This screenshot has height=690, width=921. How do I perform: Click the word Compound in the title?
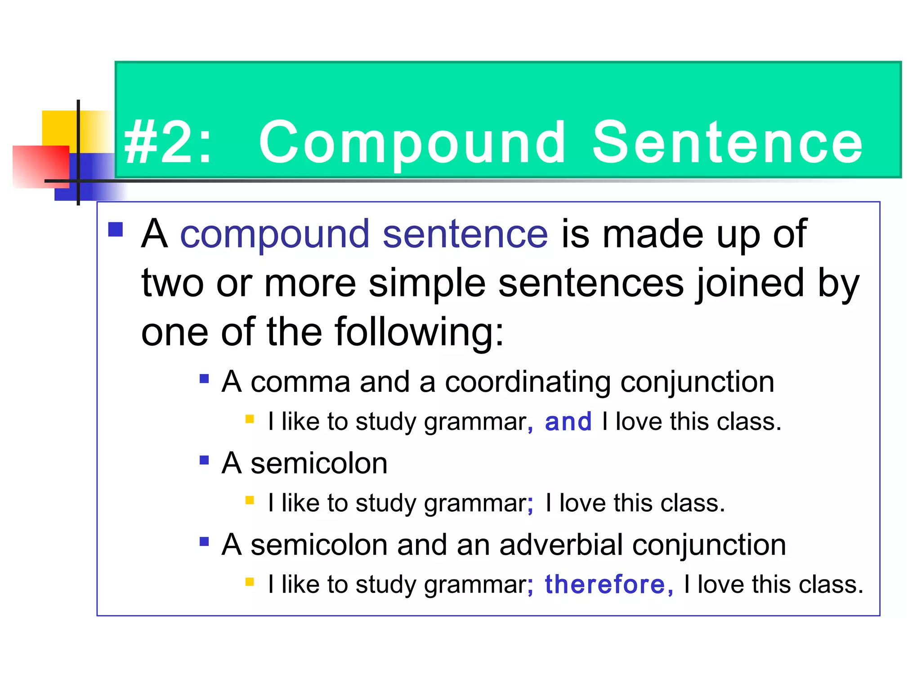(412, 143)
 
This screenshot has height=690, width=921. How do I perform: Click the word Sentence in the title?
(727, 143)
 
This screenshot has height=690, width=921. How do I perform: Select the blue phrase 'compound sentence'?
(364, 234)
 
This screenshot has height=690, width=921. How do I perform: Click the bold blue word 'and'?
(568, 422)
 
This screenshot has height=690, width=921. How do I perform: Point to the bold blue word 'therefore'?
(604, 585)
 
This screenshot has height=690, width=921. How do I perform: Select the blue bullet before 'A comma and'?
(204, 379)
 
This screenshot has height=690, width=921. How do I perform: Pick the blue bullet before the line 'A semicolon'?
(204, 460)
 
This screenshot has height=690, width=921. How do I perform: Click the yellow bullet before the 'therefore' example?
(250, 582)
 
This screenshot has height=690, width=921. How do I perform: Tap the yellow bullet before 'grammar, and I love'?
(250, 420)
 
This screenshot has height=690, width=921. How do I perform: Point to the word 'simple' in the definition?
(427, 283)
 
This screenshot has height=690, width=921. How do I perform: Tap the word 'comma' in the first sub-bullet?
(300, 382)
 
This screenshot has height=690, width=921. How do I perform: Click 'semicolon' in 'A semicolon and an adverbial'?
(319, 545)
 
